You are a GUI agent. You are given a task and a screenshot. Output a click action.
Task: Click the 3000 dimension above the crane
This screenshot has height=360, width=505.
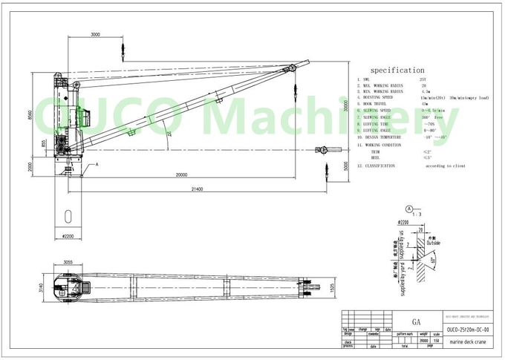pos(95,35)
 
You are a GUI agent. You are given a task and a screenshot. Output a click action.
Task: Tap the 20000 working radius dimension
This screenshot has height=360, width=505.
pos(176,176)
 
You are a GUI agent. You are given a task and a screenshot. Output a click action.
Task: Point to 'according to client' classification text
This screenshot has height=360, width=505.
pos(446,166)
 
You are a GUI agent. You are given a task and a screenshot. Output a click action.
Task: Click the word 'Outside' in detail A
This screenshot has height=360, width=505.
pos(433,243)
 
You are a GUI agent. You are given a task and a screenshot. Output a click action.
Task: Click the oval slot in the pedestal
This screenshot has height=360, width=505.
pos(68,215)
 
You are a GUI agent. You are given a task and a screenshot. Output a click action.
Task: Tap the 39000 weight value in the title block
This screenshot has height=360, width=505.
pos(424,340)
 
